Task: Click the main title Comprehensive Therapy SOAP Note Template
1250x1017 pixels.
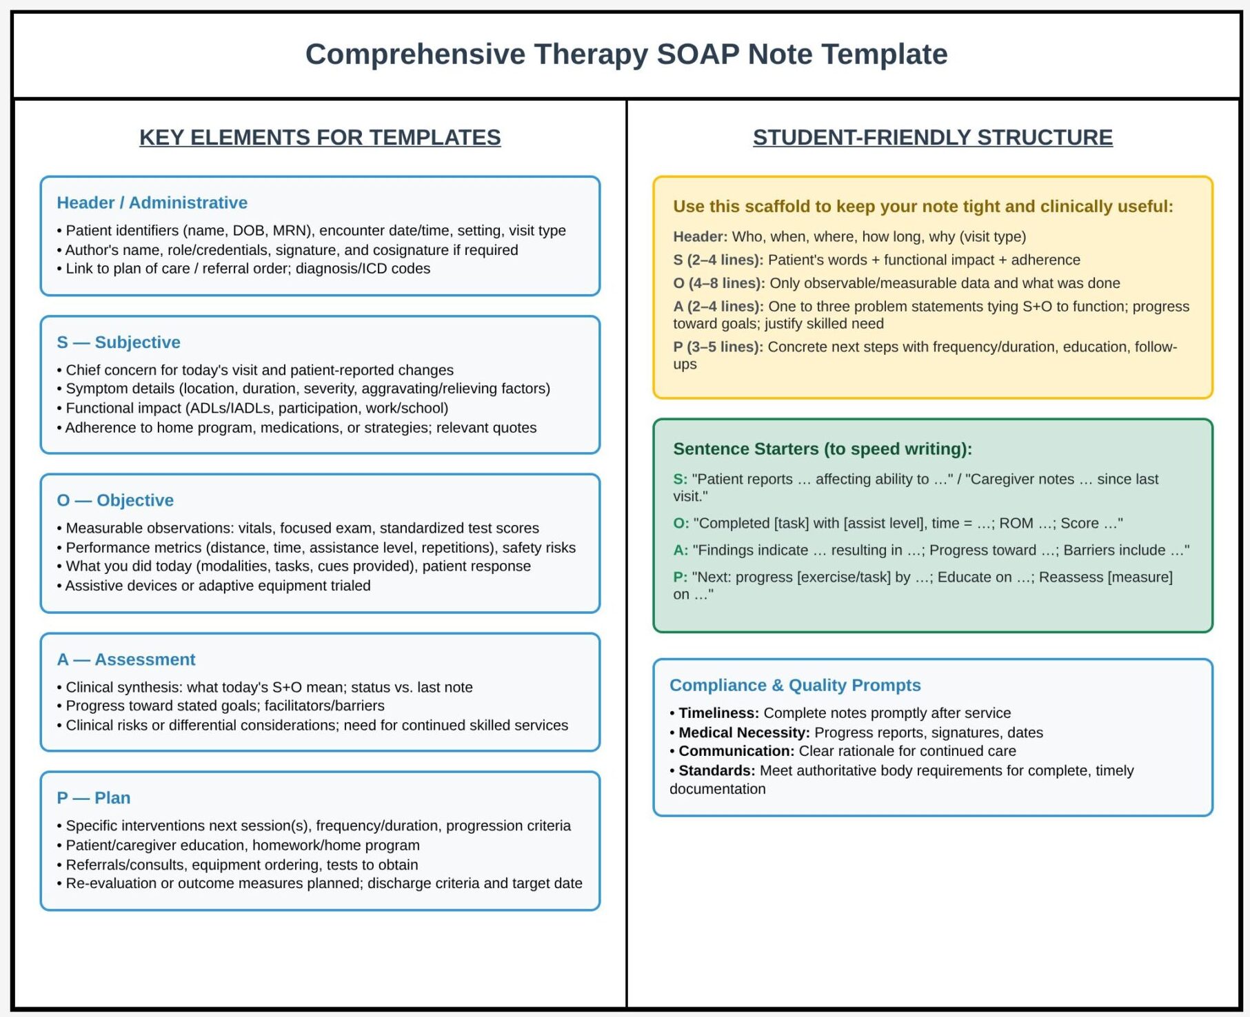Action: pos(626,54)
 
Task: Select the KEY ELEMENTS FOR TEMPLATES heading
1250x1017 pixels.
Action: pos(320,137)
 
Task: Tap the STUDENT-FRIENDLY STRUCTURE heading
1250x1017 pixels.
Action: pos(932,137)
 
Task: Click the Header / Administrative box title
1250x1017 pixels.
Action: pos(152,203)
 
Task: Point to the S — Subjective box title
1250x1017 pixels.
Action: pos(119,342)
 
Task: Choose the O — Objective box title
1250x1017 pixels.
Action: pos(115,500)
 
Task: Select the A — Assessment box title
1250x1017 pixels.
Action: pos(126,659)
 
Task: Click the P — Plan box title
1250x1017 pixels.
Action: pos(94,798)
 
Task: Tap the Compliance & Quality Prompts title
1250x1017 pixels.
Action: pos(795,685)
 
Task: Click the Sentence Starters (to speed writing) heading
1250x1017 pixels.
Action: pos(822,449)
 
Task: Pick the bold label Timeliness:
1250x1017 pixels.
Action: pos(718,713)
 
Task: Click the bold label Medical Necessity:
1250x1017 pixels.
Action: pos(744,732)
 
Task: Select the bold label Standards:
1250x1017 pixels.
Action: pos(716,770)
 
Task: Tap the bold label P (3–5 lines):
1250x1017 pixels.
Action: pos(718,347)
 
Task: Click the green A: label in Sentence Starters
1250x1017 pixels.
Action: pos(681,550)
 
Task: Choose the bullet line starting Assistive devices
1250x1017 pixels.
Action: pos(218,586)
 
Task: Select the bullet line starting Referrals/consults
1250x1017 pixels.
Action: pos(241,865)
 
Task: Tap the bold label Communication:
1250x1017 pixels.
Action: pos(736,751)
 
